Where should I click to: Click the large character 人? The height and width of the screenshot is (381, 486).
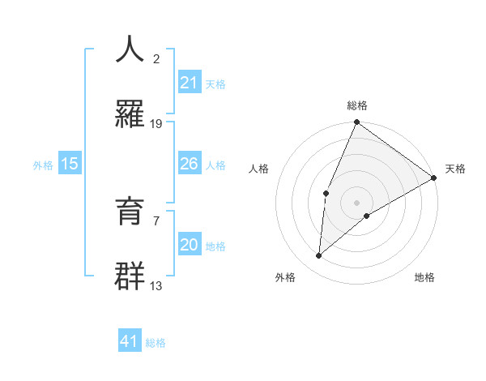pos(130,49)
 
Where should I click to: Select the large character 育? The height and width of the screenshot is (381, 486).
pos(130,212)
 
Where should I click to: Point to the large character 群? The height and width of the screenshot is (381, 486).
pos(130,276)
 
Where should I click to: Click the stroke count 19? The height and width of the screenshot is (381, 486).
pos(156,124)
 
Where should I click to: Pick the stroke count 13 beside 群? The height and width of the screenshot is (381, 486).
pos(156,286)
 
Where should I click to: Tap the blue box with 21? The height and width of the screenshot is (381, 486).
pos(190,82)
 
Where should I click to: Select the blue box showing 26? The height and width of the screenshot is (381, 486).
pos(190,164)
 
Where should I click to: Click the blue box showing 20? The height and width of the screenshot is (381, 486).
pos(190,245)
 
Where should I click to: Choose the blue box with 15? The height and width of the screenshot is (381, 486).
pos(70,164)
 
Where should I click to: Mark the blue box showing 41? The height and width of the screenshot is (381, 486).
pos(130,341)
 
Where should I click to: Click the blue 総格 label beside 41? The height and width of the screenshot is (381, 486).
pos(156,343)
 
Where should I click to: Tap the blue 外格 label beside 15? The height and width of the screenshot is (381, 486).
pos(43,165)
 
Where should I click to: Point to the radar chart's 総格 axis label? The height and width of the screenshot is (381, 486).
pos(357,105)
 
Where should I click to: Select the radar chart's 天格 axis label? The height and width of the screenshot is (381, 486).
pos(455,169)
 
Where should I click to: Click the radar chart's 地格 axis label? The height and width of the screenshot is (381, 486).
pos(424,277)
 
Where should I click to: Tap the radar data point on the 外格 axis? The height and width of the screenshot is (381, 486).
pos(319,256)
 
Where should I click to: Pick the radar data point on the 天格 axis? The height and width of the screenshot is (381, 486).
pos(434,178)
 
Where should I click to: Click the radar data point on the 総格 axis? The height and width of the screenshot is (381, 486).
pos(357,122)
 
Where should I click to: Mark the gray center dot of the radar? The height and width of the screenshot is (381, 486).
pos(357,202)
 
